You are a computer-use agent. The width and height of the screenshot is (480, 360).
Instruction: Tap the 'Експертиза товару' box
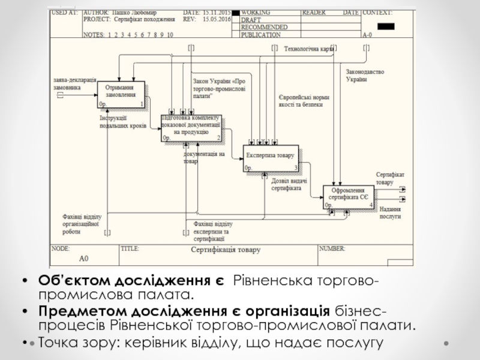point(270,158)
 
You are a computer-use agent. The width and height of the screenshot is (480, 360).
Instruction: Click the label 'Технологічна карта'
point(308,49)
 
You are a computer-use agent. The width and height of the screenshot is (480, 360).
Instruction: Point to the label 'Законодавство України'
point(364,75)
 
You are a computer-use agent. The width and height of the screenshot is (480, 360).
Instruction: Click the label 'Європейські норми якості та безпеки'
point(304,100)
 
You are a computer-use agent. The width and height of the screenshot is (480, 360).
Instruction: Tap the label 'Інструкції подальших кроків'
point(122,122)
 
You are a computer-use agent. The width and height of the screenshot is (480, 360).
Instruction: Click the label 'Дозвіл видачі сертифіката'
point(289,184)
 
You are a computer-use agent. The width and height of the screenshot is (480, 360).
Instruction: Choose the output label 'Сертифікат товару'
point(390,178)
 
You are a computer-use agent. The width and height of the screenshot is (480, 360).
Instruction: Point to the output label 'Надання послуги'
point(390,213)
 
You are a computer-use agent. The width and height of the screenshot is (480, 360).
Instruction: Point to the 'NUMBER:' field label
point(332,247)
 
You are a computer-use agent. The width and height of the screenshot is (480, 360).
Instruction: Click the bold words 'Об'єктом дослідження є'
point(131,282)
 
